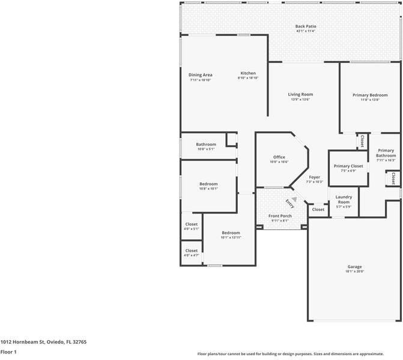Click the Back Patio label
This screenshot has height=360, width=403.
306,26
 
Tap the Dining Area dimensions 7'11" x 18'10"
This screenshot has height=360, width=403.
201,80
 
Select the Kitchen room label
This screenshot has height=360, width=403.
248,73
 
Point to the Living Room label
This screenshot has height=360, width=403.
300,94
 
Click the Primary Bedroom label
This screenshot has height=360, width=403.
370,95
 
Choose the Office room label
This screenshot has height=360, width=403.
279,157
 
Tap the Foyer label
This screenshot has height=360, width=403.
315,177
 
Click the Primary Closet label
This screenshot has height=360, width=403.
348,166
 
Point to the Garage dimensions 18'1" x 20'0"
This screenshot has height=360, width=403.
354,271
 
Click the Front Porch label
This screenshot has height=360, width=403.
280,216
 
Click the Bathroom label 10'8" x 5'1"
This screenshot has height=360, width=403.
206,144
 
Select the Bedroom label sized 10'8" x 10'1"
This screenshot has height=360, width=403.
208,184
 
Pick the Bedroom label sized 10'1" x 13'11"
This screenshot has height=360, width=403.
231,233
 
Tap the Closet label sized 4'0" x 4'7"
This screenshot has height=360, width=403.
191,251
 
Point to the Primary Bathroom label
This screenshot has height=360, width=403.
386,153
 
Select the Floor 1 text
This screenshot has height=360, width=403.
8,352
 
